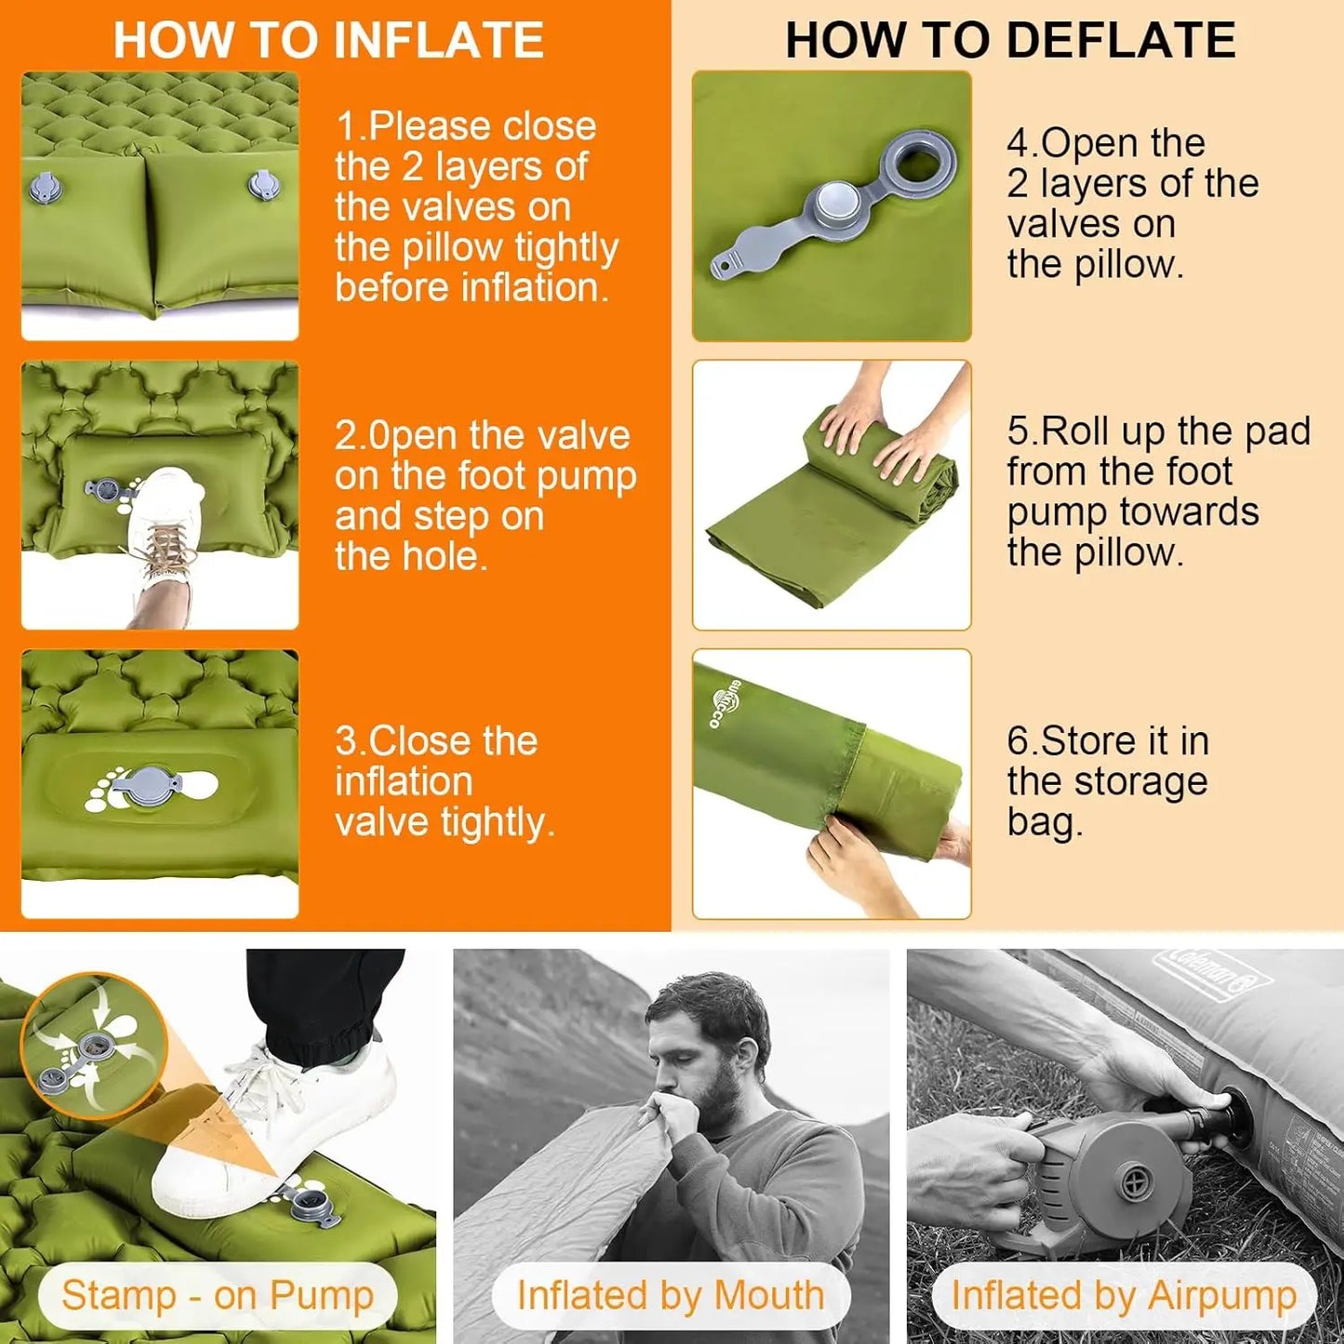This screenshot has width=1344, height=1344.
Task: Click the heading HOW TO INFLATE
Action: pos(328,40)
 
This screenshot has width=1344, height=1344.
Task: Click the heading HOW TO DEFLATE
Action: pos(1009,40)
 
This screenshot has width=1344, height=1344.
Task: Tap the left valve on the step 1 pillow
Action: pos(44,188)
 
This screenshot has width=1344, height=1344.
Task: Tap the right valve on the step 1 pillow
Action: pos(260,184)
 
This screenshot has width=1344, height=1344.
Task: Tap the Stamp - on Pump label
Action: pos(218,1295)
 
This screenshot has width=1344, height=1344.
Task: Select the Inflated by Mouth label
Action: pos(671,1295)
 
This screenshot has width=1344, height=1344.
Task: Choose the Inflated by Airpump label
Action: pos(1124,1295)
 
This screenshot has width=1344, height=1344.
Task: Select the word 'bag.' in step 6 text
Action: pos(1045,822)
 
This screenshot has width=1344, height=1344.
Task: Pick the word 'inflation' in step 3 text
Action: pos(404,781)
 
